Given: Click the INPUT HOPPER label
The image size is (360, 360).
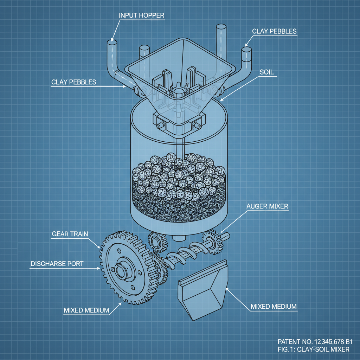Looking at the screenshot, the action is [x=141, y=15].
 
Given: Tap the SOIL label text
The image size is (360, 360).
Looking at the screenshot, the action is [x=266, y=72].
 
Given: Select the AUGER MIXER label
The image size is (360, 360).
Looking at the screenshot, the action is [x=267, y=206].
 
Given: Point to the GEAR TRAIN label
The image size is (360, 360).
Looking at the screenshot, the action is [x=70, y=234].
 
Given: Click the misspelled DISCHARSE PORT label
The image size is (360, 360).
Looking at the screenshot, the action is [x=57, y=264].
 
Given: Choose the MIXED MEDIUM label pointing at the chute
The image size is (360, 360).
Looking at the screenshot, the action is [x=274, y=306].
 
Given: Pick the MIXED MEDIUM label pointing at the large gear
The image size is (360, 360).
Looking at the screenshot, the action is [x=86, y=310].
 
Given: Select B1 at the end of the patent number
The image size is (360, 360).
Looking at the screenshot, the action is [x=348, y=342].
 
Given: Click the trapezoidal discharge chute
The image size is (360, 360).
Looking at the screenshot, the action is [x=203, y=290].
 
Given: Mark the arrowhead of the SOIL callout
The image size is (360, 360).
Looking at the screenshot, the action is [x=221, y=99].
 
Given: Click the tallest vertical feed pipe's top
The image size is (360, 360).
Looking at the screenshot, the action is [x=221, y=27].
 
